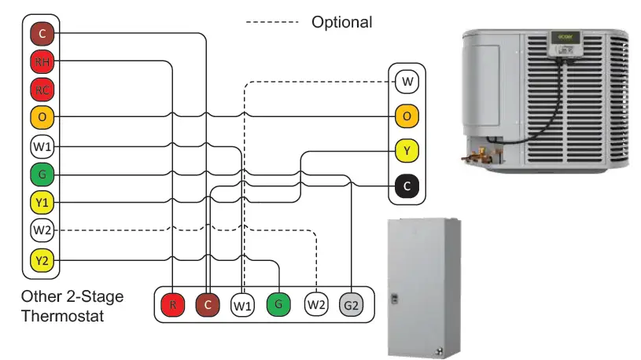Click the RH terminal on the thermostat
(42, 61)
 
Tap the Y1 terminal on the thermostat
(42, 203)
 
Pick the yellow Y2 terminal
(42, 259)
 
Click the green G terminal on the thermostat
(42, 174)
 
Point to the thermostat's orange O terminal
(42, 117)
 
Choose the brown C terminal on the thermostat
(42, 33)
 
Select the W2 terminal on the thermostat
(42, 231)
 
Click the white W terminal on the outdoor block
(407, 82)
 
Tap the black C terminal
(407, 186)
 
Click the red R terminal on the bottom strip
(171, 304)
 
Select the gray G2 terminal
(352, 304)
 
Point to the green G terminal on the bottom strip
(279, 304)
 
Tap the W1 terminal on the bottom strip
(243, 304)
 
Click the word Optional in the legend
(341, 22)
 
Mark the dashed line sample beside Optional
(272, 22)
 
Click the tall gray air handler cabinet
(423, 287)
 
